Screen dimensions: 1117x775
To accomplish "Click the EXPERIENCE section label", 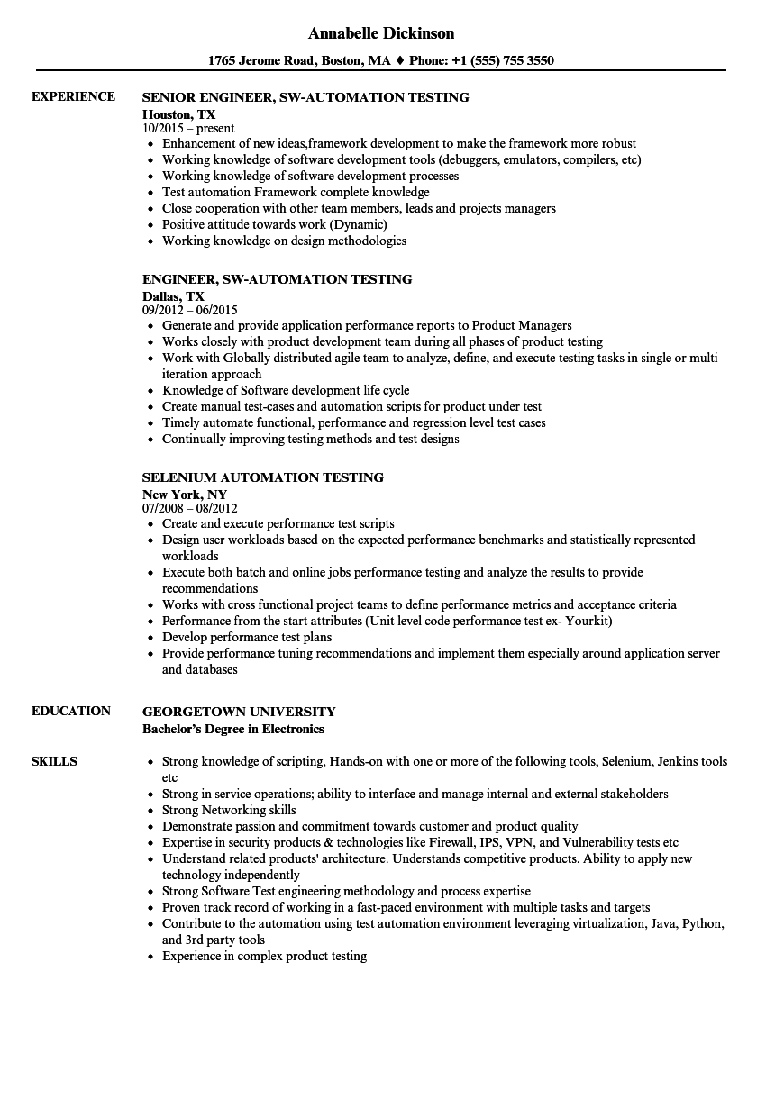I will click(x=73, y=96).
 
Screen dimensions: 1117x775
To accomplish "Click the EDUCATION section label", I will click(x=71, y=711).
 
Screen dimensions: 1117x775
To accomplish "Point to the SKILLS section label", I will click(x=54, y=761).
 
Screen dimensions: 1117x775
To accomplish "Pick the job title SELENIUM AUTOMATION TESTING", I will click(x=263, y=477).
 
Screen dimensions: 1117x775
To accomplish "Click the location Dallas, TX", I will click(x=173, y=295).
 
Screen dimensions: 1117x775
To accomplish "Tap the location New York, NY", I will click(x=185, y=494).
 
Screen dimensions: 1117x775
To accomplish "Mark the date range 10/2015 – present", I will click(x=188, y=129).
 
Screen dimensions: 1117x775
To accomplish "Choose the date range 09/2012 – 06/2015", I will click(x=190, y=311).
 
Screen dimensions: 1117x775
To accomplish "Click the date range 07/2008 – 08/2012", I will click(x=190, y=509).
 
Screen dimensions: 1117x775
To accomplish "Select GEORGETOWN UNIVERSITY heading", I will click(x=239, y=712).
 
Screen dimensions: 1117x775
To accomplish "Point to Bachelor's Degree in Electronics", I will click(x=233, y=729).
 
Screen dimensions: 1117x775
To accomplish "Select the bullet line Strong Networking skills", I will click(x=229, y=811).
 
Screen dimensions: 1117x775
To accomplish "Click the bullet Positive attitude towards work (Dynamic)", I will click(x=274, y=225).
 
